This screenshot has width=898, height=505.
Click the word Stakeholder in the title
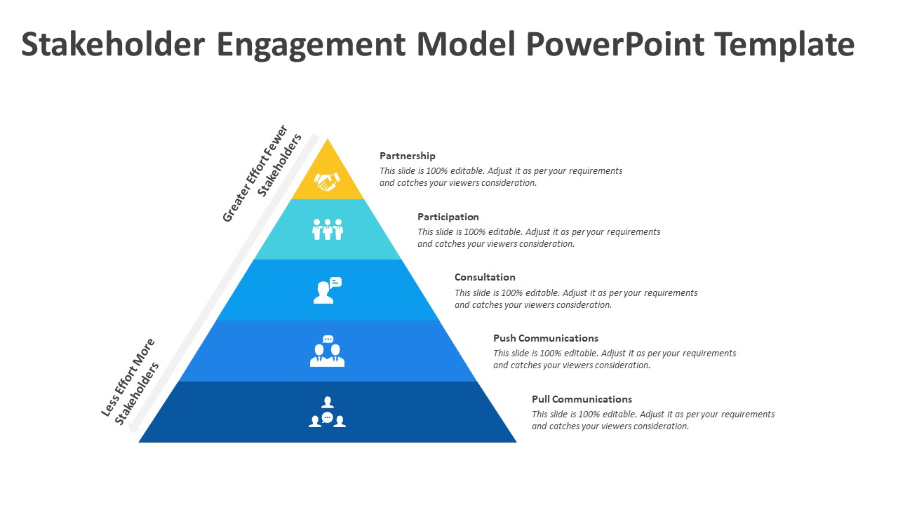coord(113,44)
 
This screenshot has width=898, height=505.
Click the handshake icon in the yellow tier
coord(327,182)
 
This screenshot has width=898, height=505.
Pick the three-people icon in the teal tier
coord(328,229)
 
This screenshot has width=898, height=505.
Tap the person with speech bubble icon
coord(327,290)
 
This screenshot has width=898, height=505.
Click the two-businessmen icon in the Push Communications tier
coord(327,351)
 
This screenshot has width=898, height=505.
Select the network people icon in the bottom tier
coord(327,412)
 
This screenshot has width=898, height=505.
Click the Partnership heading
coord(408,156)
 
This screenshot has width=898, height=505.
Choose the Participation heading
coord(448,217)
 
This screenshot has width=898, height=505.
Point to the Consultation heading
coord(485,277)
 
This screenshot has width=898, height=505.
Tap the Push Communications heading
coord(546,338)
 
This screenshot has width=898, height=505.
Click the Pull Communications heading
coord(582,399)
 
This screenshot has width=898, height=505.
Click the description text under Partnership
coord(501,177)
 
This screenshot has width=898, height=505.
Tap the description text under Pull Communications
coord(652,420)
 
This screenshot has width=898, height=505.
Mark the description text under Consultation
coord(575,299)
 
